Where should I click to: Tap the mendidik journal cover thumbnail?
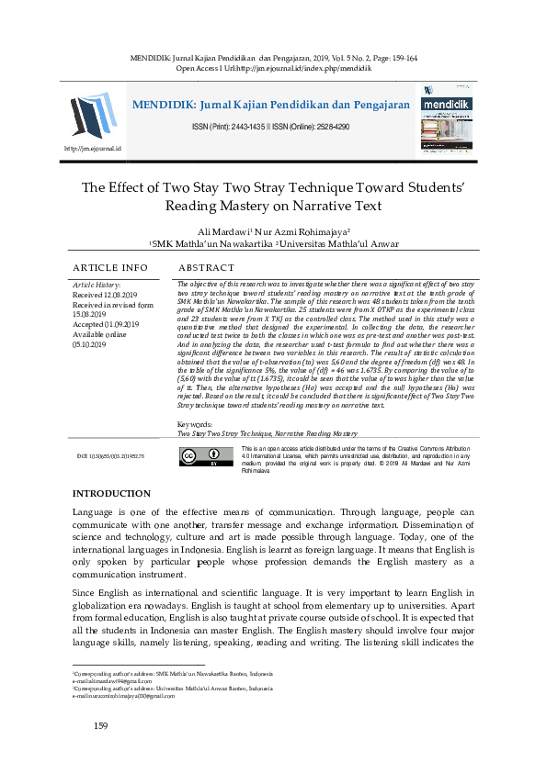pyautogui.click(x=445, y=118)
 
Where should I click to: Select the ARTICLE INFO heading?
pyautogui.click(x=109, y=267)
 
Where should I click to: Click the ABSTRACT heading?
pyautogui.click(x=208, y=267)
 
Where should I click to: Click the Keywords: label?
pyautogui.click(x=194, y=425)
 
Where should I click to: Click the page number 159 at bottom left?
pyautogui.click(x=101, y=727)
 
